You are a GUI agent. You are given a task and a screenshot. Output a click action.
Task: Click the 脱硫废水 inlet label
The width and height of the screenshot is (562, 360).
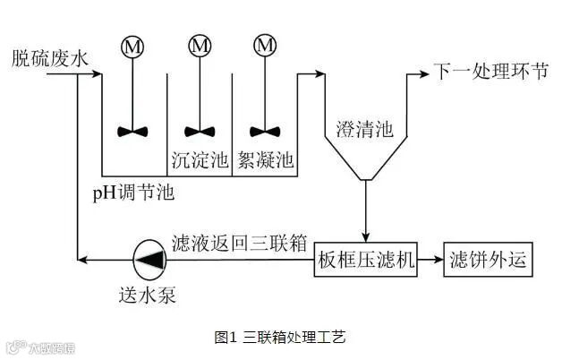click(x=50, y=60)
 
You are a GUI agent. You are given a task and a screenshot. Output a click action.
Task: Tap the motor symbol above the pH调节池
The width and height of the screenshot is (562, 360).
click(x=132, y=45)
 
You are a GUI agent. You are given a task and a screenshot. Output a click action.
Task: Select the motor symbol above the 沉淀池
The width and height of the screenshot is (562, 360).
click(x=200, y=45)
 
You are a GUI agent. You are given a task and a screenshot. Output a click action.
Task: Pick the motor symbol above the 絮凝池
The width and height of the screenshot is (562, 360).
click(x=263, y=45)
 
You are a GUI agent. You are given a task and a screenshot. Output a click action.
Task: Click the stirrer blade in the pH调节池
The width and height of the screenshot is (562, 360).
click(x=132, y=130)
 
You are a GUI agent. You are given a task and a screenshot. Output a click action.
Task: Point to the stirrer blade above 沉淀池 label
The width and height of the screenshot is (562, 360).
click(x=200, y=130)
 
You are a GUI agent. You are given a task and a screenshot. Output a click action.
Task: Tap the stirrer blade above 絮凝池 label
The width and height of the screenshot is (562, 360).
click(x=263, y=130)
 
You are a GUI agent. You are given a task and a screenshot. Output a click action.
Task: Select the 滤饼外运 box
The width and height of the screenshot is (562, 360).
click(x=488, y=261)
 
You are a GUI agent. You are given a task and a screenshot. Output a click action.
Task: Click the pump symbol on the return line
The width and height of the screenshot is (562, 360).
click(x=147, y=261)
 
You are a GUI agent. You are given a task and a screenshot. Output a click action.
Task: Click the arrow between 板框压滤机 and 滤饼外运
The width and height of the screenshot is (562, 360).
click(x=430, y=261)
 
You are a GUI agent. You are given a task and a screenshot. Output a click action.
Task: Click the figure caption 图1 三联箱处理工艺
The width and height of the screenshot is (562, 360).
click(x=280, y=338)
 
